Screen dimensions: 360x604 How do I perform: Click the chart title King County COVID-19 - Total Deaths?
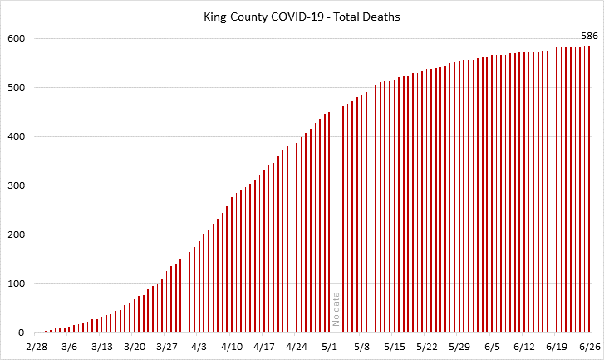[302, 16]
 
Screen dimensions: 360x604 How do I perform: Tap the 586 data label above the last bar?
[589, 35]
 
